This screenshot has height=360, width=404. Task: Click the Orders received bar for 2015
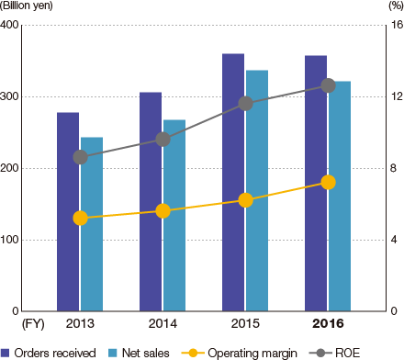233,184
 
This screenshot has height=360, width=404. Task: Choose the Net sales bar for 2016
340,211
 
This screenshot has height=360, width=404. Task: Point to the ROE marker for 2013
80,157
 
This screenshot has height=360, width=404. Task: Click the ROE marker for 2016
328,85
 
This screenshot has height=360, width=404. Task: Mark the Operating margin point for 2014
163,210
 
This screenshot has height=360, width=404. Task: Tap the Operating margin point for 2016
328,182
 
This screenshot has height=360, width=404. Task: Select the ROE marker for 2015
245,104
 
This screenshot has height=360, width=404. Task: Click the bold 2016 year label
328,324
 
